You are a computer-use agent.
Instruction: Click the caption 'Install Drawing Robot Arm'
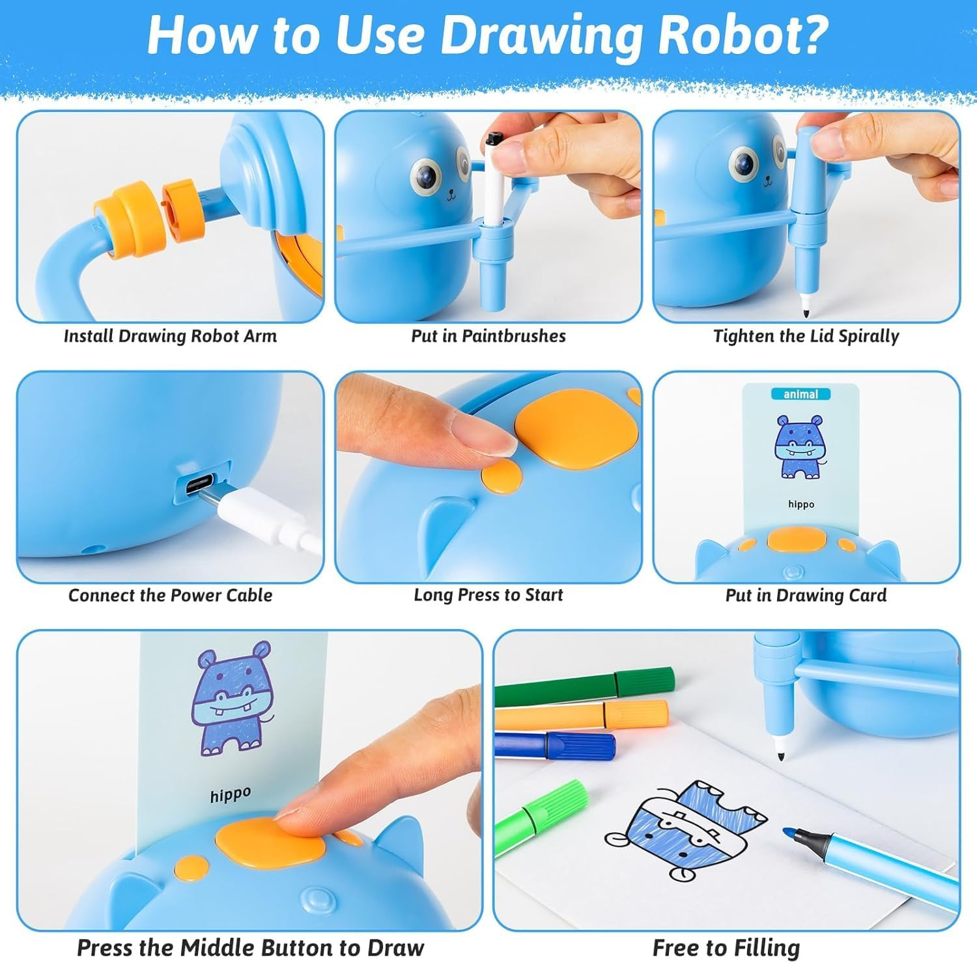(x=170, y=336)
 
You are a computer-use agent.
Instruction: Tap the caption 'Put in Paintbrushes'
(x=488, y=336)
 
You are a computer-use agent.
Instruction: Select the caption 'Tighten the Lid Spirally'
(x=806, y=336)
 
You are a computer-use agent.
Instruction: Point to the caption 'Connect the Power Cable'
(x=170, y=595)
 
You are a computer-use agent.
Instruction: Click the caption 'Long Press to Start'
(x=488, y=595)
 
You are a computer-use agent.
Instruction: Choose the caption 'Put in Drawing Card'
(x=806, y=595)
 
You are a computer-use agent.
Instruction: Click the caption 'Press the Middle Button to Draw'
(x=250, y=947)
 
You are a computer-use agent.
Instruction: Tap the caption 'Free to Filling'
(x=726, y=947)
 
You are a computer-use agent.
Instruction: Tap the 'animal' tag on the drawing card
(x=800, y=394)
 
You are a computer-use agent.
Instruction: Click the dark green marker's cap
(x=645, y=681)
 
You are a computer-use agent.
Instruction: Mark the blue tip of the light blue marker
(x=789, y=831)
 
